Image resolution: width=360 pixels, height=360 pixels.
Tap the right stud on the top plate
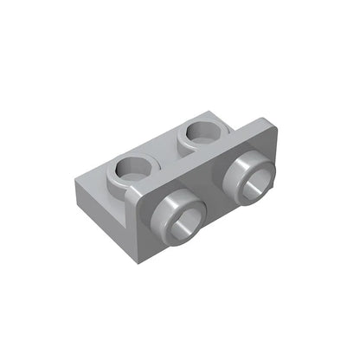coord(201,135)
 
